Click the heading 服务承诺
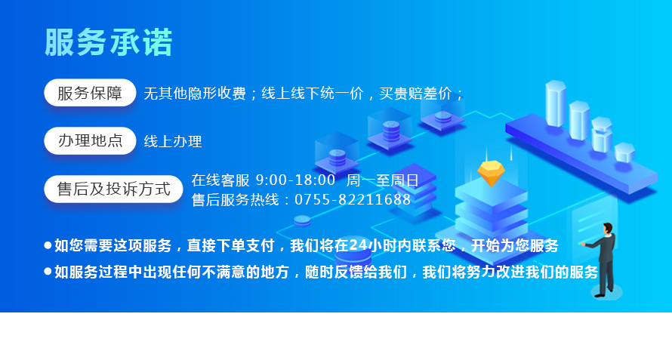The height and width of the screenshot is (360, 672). tap(109, 42)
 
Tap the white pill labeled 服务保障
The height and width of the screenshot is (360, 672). tap(90, 93)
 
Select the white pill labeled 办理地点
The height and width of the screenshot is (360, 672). tap(90, 140)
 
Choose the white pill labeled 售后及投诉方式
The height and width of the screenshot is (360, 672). tap(113, 189)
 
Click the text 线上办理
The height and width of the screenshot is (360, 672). tap(173, 141)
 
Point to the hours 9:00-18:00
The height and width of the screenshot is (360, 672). tap(295, 180)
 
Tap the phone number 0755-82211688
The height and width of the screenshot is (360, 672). tap(353, 200)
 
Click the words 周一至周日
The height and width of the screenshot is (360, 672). tap(382, 180)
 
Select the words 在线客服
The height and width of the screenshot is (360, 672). tap(220, 180)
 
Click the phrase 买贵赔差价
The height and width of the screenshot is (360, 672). tap(415, 94)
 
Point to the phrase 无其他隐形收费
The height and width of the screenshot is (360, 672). tap(195, 94)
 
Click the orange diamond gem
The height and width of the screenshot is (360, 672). tap(491, 173)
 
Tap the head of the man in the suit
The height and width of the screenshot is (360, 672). tap(608, 229)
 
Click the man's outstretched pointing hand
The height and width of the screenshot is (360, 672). tap(583, 244)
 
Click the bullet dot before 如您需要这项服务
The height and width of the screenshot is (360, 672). tap(48, 245)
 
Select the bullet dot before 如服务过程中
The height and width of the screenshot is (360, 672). tap(48, 272)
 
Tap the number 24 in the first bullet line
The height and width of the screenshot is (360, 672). tap(359, 245)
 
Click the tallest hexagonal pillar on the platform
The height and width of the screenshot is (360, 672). tap(556, 103)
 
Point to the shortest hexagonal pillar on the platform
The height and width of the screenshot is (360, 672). tap(624, 152)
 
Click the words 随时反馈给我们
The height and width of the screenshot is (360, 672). tap(356, 272)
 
